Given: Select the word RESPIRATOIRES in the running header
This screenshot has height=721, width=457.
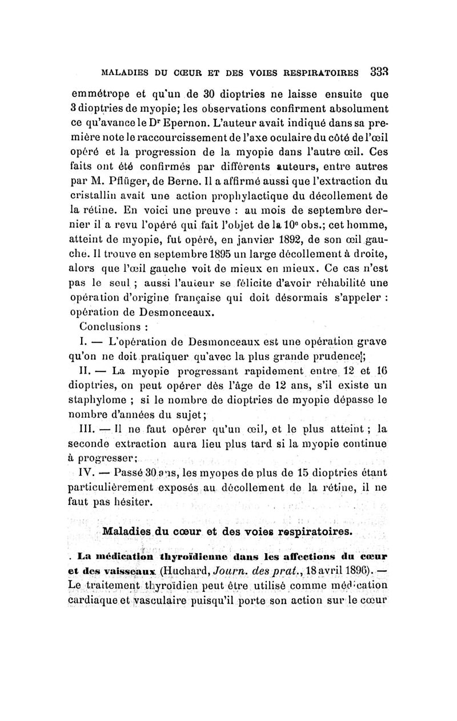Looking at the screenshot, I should pyautogui.click(x=320, y=73).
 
